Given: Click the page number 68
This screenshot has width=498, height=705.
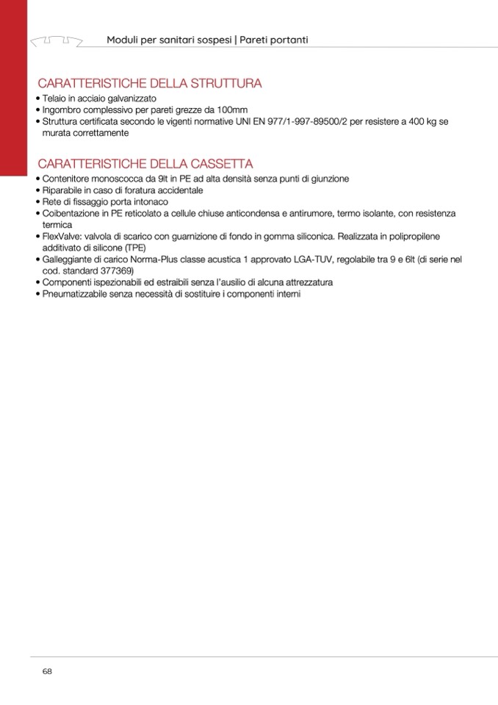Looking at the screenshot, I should point(47,671).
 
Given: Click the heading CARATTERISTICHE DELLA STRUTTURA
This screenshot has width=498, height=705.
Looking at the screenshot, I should point(150,84).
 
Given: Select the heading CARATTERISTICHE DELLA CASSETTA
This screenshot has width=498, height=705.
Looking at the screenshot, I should point(145,163).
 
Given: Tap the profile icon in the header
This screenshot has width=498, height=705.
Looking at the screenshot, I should point(56,39).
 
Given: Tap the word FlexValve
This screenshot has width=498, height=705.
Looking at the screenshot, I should point(60,237).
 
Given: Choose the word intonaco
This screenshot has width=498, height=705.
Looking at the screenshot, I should point(151,202).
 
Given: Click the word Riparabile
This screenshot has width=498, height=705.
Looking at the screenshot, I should point(65,190).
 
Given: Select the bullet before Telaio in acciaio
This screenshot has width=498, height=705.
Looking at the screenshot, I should point(37,99).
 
